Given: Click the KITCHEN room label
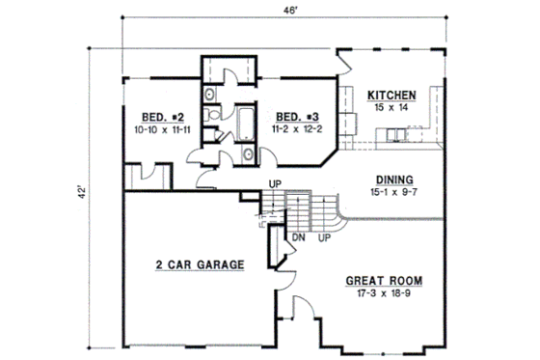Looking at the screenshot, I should pos(391,96).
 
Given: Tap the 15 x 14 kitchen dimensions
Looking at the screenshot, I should pos(391,108).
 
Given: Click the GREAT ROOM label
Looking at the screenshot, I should pos(385,283).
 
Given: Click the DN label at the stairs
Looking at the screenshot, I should pos(299,236).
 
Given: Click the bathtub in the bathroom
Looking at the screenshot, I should pos(243,125).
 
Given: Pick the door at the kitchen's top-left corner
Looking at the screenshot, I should pos(346,64).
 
